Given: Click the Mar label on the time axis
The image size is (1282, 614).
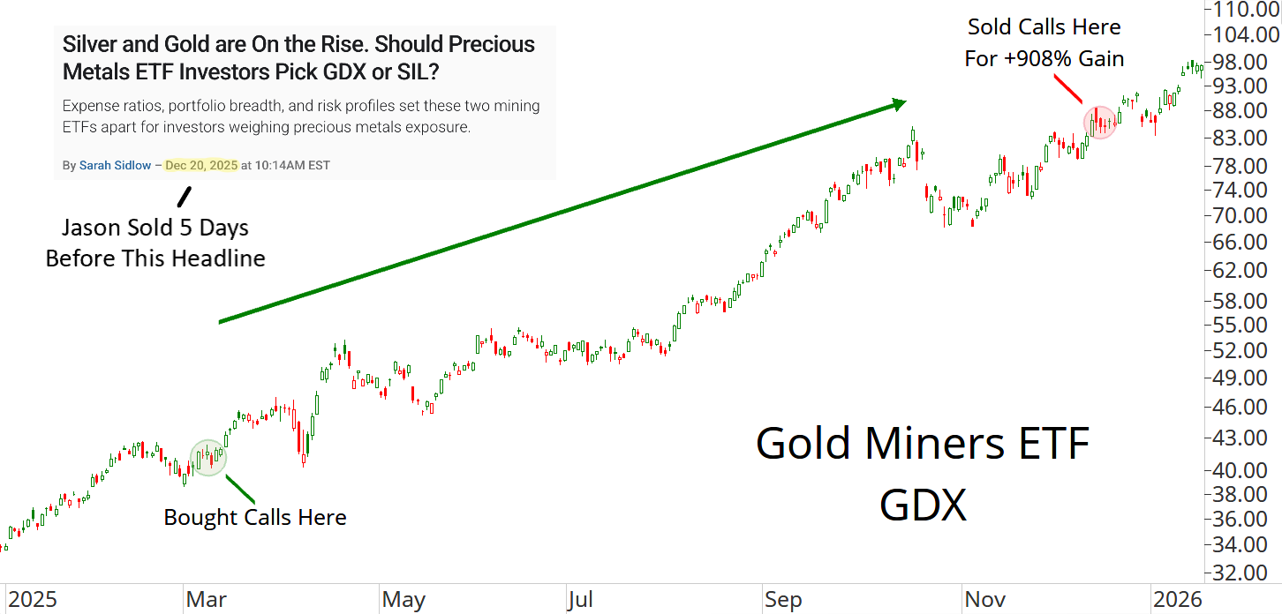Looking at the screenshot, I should [x=206, y=600].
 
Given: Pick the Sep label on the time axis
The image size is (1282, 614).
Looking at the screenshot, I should [x=783, y=600].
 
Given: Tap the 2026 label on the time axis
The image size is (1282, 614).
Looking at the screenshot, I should [x=1177, y=600].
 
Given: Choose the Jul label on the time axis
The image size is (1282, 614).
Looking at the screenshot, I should [x=581, y=600].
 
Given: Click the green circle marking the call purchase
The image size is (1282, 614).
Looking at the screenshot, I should [x=208, y=457].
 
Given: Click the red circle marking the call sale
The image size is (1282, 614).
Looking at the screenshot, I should [x=1100, y=122].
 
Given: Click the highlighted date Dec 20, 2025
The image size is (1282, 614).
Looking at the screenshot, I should [x=201, y=165].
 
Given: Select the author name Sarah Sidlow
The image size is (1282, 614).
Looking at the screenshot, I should [x=115, y=165].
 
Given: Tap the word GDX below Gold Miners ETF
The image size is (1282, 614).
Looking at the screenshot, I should [x=923, y=505].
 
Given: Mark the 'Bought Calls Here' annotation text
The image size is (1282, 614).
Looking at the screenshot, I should [x=255, y=517].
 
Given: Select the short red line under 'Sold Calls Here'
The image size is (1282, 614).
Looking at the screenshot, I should [x=1069, y=89].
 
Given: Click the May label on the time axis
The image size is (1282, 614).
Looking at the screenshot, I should [x=403, y=600].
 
